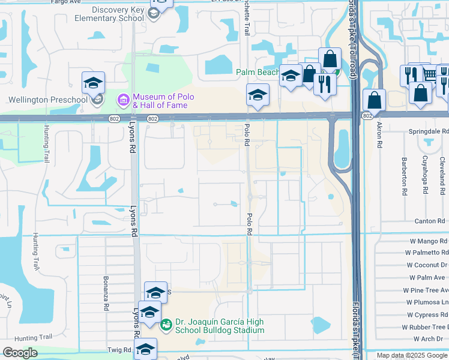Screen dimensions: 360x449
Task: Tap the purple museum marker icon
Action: tap(124, 98)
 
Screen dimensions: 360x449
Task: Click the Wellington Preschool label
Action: tap(45, 100)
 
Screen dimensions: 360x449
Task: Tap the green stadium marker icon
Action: tap(166, 325)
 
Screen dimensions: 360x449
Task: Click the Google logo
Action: tap(21, 352)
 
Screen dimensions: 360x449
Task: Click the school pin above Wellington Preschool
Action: tap(93, 83)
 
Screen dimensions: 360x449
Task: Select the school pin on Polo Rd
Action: tap(258, 95)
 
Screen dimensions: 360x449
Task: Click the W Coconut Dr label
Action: tap(427, 265)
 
